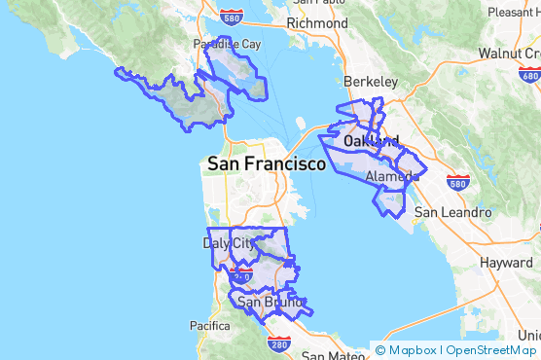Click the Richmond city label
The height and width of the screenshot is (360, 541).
coord(317,23)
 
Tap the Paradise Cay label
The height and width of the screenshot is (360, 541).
coord(227,45)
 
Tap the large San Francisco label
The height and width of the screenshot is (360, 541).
coord(267,164)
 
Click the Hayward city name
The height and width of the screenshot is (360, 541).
coord(506,263)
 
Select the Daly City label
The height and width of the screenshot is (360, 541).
coord(230,243)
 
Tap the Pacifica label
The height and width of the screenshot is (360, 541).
coord(209,325)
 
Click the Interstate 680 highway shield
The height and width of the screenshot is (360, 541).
coord(530,74)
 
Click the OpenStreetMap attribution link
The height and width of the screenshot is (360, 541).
coord(491,350)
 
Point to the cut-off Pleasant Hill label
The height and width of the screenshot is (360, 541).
coord(513,13)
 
